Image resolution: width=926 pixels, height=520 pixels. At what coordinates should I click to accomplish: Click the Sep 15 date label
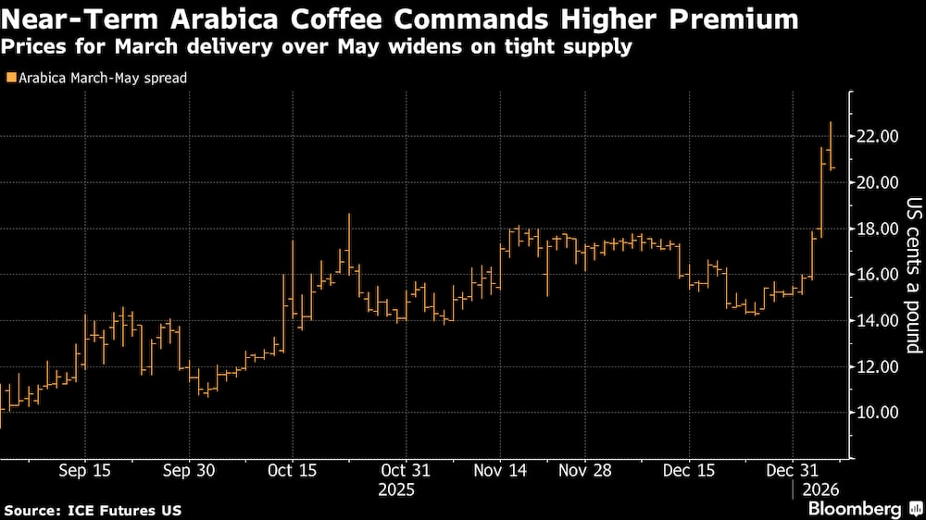[x=84, y=470]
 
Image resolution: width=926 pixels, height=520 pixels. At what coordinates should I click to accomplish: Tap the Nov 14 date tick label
[x=501, y=470]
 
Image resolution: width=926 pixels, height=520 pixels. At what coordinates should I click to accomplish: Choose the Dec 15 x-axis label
[x=690, y=470]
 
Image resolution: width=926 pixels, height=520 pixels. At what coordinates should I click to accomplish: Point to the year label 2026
[x=820, y=489]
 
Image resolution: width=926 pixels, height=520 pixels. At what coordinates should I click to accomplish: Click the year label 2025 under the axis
[x=397, y=489]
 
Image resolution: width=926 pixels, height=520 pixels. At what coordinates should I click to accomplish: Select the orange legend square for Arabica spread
[x=10, y=79]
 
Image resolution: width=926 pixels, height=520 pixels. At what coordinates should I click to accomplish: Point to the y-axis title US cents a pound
[x=913, y=275]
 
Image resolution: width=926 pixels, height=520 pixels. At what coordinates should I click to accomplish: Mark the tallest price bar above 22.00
[x=831, y=144]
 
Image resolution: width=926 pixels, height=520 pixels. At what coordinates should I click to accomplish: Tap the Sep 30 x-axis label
[x=189, y=470]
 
